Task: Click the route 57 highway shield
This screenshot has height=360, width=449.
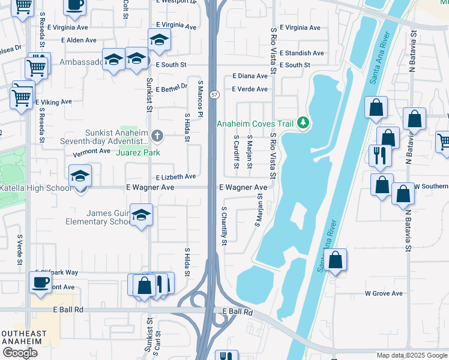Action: [x=214, y=95]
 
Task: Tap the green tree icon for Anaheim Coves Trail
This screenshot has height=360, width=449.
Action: [x=303, y=124]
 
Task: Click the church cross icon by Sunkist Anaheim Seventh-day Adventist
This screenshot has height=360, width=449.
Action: [x=157, y=136]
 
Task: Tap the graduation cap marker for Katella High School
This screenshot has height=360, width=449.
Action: [x=80, y=176]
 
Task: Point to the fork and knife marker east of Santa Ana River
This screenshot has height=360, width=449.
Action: [x=380, y=155]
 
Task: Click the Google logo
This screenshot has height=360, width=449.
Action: [x=20, y=353]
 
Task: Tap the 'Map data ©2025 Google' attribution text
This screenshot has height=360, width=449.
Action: [x=411, y=355]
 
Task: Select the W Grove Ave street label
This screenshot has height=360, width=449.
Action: [x=384, y=293]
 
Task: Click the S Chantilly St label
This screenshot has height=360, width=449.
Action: [x=224, y=226]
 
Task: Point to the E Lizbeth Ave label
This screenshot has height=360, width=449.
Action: [x=176, y=177]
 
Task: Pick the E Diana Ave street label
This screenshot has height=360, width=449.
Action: [x=250, y=76]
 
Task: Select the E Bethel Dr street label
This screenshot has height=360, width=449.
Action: [x=172, y=88]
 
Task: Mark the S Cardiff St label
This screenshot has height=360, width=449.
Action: [x=235, y=152]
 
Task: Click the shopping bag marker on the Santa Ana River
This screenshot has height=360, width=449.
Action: [x=336, y=260]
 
